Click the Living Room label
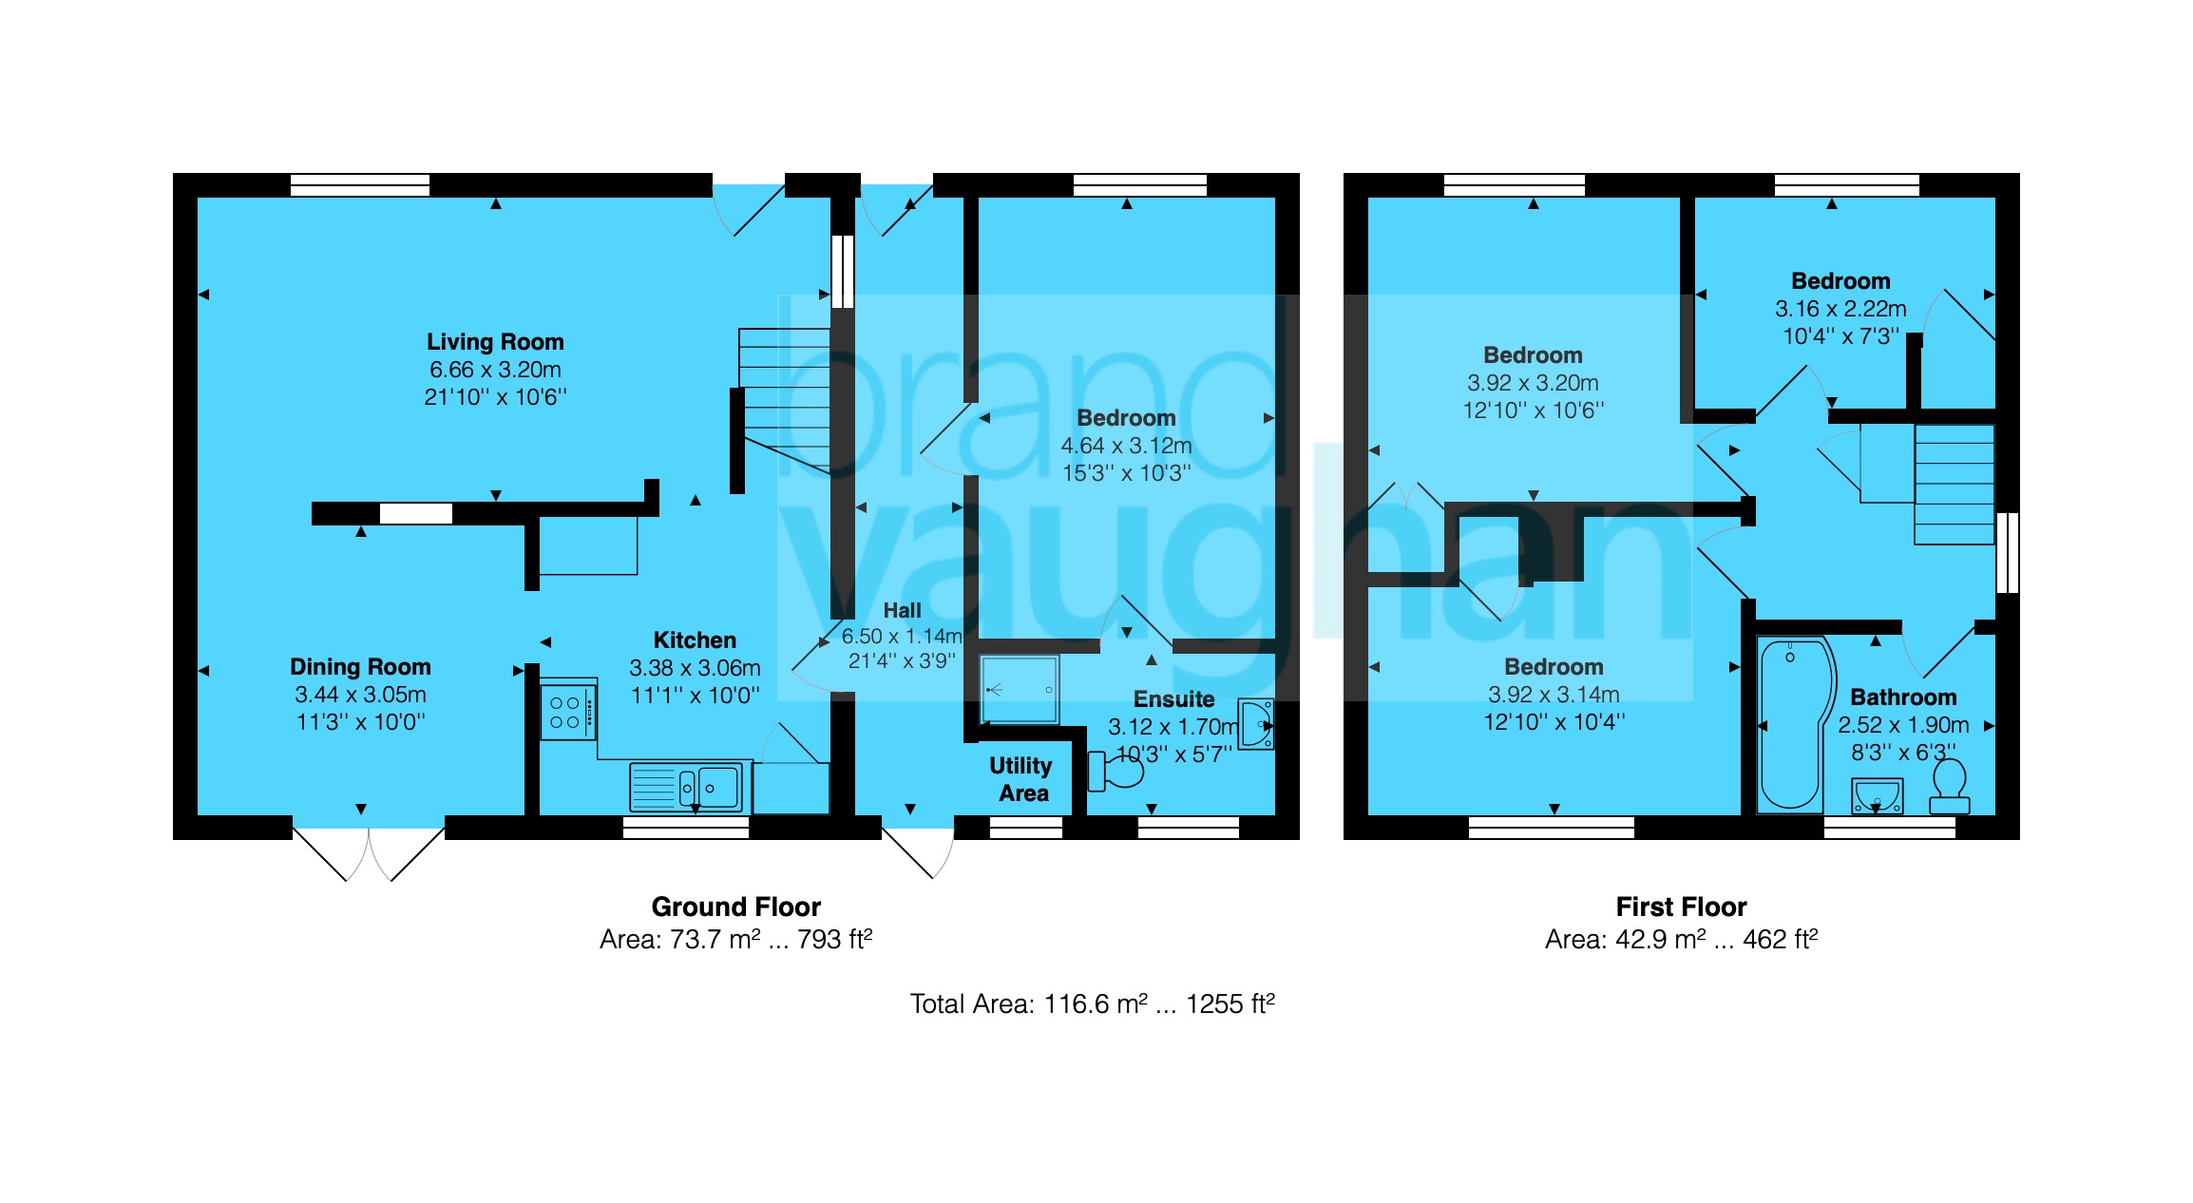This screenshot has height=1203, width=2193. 494,342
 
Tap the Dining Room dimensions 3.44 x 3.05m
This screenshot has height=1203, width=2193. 360,695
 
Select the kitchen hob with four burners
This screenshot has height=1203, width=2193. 567,713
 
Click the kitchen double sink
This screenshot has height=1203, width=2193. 686,788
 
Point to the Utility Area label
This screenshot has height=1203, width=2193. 1021,779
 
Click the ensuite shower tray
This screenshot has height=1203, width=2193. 1019,689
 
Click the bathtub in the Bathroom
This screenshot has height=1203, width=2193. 1790,725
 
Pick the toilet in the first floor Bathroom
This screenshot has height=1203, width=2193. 1949,790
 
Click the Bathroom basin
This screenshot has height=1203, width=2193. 1877,795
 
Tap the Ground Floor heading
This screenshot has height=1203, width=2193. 735,907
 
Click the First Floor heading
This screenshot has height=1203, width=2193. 1681,907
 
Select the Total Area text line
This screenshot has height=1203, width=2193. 1092,1004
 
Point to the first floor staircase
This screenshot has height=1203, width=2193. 1953,485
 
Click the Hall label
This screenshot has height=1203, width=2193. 902,611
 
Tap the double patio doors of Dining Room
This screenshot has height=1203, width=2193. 369,852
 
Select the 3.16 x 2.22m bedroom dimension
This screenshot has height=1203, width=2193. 1840,309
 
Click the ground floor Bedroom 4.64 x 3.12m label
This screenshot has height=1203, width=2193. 1126,418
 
